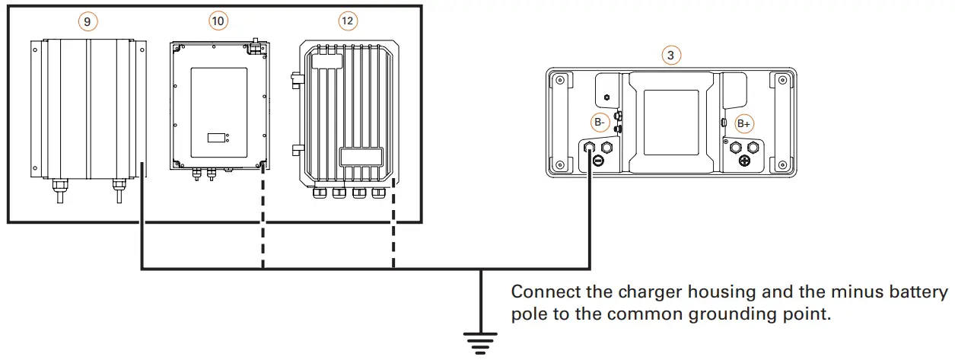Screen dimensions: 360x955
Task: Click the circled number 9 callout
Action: [87, 22]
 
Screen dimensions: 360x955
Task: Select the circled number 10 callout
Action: [218, 22]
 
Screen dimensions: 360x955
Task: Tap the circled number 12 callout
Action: [347, 21]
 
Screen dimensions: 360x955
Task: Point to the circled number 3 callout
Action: [670, 55]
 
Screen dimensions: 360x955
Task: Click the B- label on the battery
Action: [600, 122]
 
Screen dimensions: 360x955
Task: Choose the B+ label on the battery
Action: [743, 123]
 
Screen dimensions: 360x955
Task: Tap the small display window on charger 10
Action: [218, 138]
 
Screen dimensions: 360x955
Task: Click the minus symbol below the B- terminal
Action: [598, 161]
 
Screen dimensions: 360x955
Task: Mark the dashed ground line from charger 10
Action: [263, 221]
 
